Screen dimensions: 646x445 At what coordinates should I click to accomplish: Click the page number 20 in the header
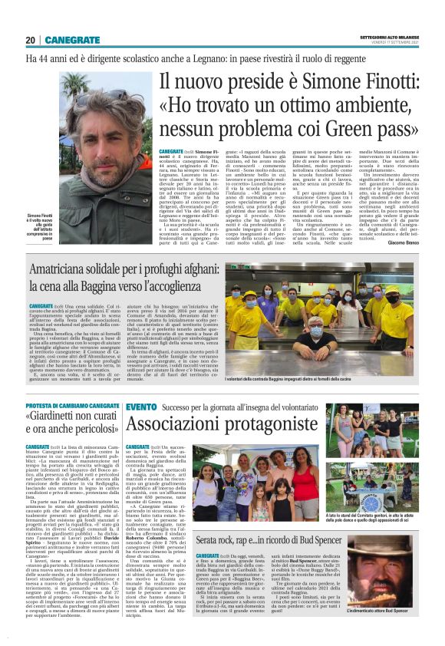(30, 39)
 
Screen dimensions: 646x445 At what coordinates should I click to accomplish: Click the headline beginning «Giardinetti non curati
(73, 427)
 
